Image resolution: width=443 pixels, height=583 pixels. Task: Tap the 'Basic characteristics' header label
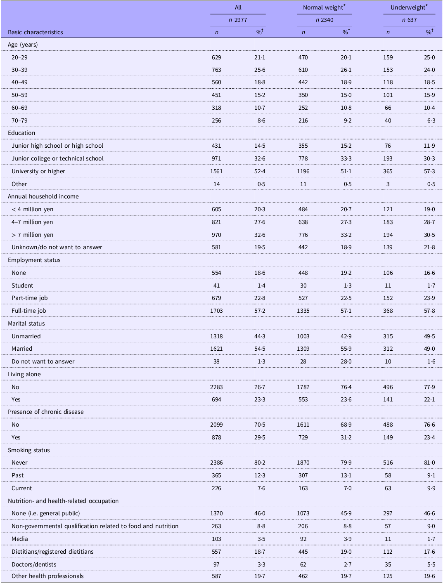(x=36, y=32)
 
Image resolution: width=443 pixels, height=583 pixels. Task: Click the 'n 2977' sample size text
(x=238, y=20)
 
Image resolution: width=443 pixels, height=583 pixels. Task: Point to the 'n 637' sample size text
(x=409, y=20)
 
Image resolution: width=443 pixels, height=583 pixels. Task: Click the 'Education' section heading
(x=21, y=133)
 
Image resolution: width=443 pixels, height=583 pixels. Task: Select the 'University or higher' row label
(x=38, y=171)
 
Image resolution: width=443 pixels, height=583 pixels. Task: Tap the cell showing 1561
(x=216, y=171)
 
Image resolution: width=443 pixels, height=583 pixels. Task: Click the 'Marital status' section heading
(x=26, y=323)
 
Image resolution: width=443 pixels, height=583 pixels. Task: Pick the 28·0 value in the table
(x=346, y=361)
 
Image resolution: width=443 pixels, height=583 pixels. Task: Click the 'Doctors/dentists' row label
(x=34, y=564)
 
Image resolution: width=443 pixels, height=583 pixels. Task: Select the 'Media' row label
(x=20, y=538)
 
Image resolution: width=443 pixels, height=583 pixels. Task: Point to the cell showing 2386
(x=216, y=463)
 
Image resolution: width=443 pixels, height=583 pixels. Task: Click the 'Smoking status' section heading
(x=29, y=450)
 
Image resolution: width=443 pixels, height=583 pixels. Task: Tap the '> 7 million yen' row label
(x=33, y=235)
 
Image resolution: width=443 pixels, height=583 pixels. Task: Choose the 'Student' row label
(x=22, y=286)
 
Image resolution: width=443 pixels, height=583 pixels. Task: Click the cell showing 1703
(x=216, y=311)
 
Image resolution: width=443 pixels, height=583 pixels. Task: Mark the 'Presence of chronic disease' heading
(x=46, y=412)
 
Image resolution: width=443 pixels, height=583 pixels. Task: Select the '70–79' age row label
(x=19, y=120)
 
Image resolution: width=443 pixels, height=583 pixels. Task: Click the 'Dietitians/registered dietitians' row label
(x=52, y=551)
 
